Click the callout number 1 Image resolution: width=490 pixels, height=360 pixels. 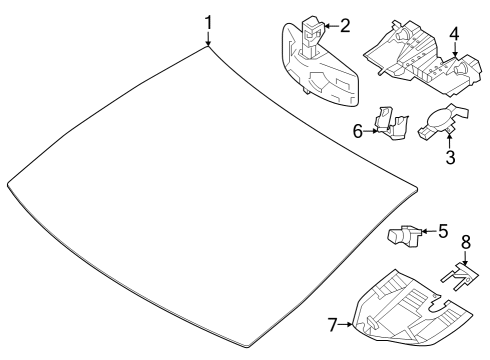(208, 23)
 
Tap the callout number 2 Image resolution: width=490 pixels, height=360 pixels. (345, 26)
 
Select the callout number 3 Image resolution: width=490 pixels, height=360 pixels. (450, 157)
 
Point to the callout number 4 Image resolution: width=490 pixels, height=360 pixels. (454, 34)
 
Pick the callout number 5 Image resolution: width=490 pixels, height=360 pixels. (443, 231)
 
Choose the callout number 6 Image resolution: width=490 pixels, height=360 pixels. (358, 131)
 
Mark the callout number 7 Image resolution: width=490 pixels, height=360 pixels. (332, 324)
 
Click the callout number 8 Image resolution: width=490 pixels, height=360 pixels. (466, 242)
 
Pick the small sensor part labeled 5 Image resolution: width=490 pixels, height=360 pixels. (404, 236)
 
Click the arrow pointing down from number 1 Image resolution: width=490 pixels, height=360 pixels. (208, 38)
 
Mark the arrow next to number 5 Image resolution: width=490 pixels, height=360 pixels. (429, 231)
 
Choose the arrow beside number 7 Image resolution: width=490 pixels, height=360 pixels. (346, 324)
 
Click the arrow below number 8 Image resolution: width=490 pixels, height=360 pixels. (465, 258)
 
